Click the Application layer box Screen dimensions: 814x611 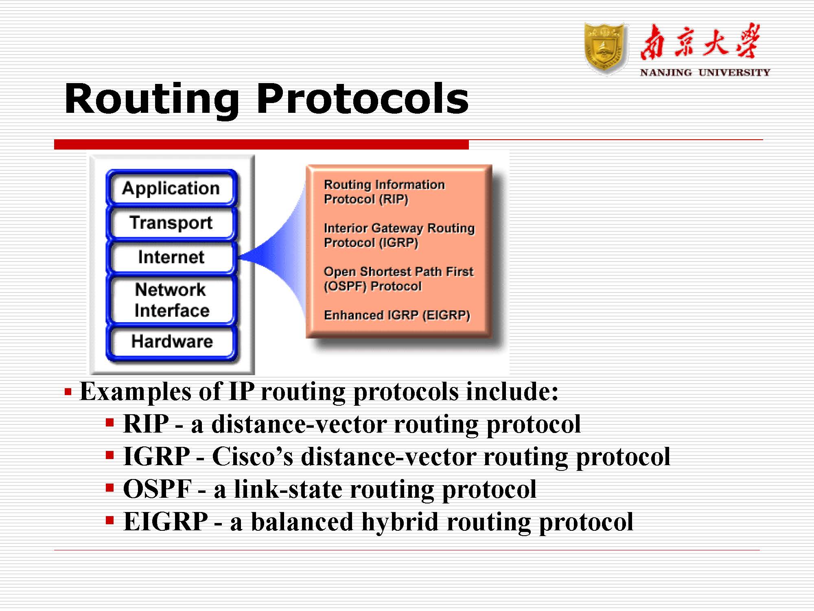[x=171, y=188]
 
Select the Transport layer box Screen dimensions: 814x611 [x=171, y=223]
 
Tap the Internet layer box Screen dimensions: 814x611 [x=171, y=257]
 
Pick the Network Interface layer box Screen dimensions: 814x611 [x=171, y=300]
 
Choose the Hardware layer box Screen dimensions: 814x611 [x=171, y=342]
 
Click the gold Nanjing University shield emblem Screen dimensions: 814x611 [x=605, y=49]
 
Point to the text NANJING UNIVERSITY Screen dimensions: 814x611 [x=705, y=73]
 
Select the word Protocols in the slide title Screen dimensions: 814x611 [x=363, y=99]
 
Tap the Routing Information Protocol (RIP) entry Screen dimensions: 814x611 [x=384, y=192]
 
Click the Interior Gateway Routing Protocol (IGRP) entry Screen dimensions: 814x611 [x=399, y=235]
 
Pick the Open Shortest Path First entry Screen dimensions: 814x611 [x=398, y=279]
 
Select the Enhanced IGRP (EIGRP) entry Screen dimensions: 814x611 [x=397, y=315]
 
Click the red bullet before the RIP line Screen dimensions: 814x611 [x=109, y=422]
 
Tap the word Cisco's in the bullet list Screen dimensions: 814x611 [x=252, y=456]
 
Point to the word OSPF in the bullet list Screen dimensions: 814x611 [x=157, y=489]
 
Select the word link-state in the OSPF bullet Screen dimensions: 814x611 [x=288, y=489]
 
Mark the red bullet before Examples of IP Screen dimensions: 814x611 [x=68, y=392]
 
